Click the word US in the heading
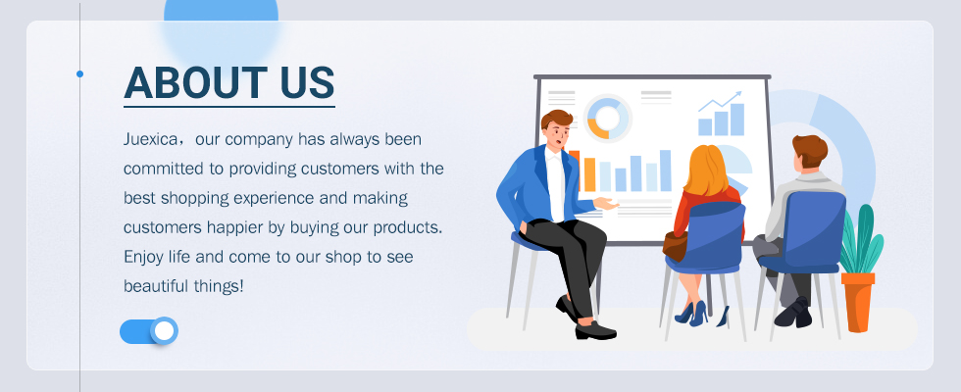[x=308, y=82]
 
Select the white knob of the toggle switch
[x=165, y=331]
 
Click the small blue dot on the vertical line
[x=79, y=74]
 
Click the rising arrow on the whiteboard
[x=720, y=101]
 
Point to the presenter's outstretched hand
[x=606, y=203]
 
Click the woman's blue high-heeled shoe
[x=698, y=314]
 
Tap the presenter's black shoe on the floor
[x=595, y=331]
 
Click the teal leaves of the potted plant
[x=861, y=240]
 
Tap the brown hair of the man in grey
[x=810, y=149]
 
